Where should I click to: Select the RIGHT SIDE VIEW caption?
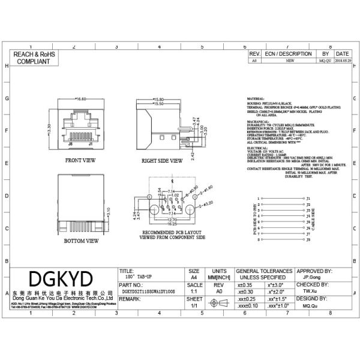(162, 161)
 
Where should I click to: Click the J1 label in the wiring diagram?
(308, 198)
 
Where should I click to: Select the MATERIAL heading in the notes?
(256, 98)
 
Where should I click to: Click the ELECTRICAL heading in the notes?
(257, 146)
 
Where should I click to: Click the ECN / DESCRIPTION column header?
(288, 54)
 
